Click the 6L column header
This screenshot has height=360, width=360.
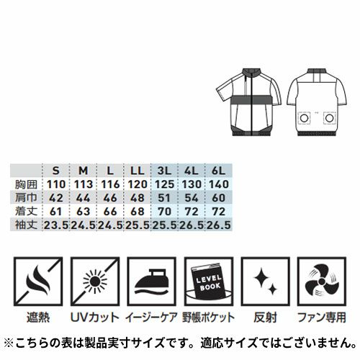[x=219, y=171]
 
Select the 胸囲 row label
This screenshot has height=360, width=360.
[x=27, y=184]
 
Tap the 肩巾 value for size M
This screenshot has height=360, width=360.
[x=83, y=198]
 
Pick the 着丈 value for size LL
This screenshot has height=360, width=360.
[x=138, y=212]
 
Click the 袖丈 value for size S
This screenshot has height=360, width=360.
[x=56, y=225]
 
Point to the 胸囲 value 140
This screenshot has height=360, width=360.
[x=219, y=184]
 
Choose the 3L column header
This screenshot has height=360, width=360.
[x=164, y=171]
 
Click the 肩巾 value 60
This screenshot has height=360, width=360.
[x=219, y=198]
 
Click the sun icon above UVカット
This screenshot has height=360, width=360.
[x=95, y=282]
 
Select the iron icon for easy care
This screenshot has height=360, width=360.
[x=151, y=282]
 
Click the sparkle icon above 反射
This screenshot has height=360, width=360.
[x=265, y=282]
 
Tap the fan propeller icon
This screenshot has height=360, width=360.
[x=322, y=282]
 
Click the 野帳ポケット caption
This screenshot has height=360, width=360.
[x=208, y=318]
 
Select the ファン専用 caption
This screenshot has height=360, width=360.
[x=322, y=318]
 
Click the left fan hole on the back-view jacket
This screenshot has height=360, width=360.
[x=304, y=118]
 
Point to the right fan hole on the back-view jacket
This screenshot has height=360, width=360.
[x=330, y=118]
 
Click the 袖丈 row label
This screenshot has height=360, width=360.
[x=27, y=225]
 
